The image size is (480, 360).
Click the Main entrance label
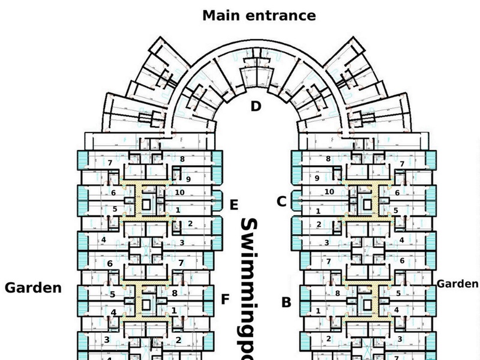(259, 15)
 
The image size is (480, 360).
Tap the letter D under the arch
(256, 107)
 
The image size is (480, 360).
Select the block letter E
(235, 205)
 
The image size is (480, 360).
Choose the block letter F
(225, 299)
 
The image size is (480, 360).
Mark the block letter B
(286, 302)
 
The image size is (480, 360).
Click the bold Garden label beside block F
(33, 288)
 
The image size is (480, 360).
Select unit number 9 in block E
(188, 179)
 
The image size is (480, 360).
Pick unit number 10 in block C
(328, 191)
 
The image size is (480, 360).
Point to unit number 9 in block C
(317, 178)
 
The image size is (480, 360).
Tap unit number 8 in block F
(174, 293)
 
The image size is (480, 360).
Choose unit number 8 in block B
(338, 293)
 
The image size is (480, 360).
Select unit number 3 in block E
(182, 242)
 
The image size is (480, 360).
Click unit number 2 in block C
(319, 224)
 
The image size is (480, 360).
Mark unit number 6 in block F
(110, 264)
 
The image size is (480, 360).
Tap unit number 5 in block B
(398, 293)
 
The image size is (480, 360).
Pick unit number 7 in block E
(110, 163)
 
